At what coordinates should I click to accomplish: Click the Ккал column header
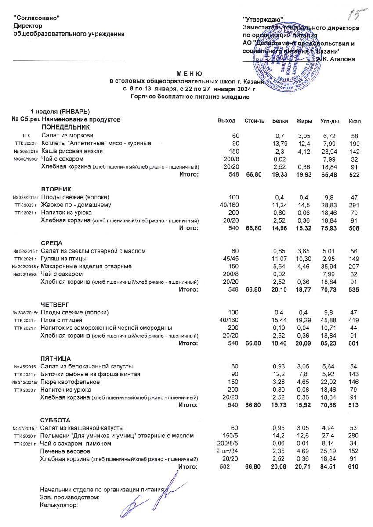tap(354, 121)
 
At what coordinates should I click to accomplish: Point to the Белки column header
tap(280, 120)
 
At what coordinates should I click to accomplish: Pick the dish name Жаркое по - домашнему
tap(76, 205)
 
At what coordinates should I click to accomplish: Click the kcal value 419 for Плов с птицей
tap(354, 320)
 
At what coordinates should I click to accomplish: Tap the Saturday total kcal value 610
tap(354, 467)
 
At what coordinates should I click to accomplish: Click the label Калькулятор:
tap(58, 505)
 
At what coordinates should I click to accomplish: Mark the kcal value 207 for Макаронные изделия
tap(354, 266)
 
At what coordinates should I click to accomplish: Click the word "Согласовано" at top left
tap(37, 17)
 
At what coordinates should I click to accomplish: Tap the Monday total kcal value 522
tap(354, 174)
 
